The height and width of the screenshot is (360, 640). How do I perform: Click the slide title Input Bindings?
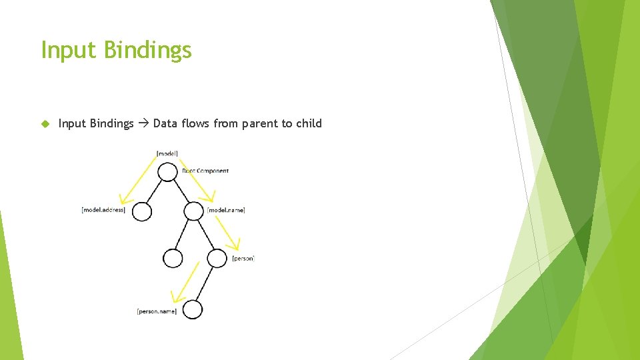tap(116, 50)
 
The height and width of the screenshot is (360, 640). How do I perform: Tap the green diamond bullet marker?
tap(45, 123)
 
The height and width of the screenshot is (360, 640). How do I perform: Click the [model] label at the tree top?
tap(167, 153)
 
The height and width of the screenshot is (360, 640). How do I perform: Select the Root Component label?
tap(205, 171)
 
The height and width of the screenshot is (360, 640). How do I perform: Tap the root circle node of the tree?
tap(167, 172)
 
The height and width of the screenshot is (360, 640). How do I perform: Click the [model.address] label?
tap(103, 210)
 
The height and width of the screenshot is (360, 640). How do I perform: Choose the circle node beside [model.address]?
tap(142, 211)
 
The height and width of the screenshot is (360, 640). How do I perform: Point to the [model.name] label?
tap(226, 210)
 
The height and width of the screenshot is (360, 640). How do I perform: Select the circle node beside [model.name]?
tap(193, 211)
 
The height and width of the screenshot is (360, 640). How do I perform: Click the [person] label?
tap(243, 258)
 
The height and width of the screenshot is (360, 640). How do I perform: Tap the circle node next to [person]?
tap(217, 259)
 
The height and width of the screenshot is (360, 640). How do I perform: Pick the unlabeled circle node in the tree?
tap(172, 259)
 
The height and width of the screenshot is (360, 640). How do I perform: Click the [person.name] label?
tap(157, 311)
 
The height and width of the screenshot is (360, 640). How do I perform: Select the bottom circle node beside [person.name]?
tap(192, 310)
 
